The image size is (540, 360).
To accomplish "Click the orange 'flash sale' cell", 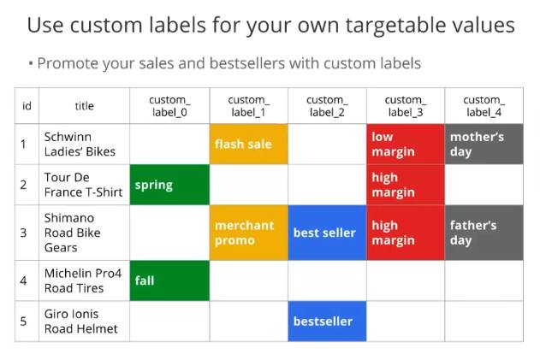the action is click(x=249, y=144).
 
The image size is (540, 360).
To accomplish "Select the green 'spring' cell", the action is click(x=169, y=185).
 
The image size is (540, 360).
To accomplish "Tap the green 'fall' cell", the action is click(x=169, y=280).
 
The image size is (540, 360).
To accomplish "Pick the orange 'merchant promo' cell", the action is click(x=249, y=233).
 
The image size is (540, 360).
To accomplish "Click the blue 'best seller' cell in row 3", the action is click(x=327, y=233).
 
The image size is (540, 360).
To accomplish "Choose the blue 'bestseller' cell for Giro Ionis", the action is click(x=327, y=322).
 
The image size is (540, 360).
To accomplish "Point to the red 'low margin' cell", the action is click(x=406, y=144).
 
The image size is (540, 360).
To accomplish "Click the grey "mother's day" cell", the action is click(x=484, y=144).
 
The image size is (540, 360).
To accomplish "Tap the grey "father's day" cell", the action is click(x=484, y=233).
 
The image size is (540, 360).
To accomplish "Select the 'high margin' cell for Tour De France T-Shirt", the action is click(x=406, y=185).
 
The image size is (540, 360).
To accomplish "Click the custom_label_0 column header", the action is click(x=169, y=106).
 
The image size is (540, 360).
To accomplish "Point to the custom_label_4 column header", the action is click(x=484, y=106).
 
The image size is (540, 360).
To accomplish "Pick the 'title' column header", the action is click(x=85, y=106).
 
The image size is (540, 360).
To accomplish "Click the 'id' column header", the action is click(x=27, y=106).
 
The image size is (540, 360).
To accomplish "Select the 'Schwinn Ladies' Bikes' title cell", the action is click(x=85, y=144).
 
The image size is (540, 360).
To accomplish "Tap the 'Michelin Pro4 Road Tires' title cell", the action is click(x=85, y=280).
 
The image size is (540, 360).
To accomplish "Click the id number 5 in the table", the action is click(x=23, y=322).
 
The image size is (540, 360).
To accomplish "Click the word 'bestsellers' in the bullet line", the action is click(x=247, y=63).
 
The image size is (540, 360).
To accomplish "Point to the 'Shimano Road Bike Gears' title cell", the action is click(x=85, y=233).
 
